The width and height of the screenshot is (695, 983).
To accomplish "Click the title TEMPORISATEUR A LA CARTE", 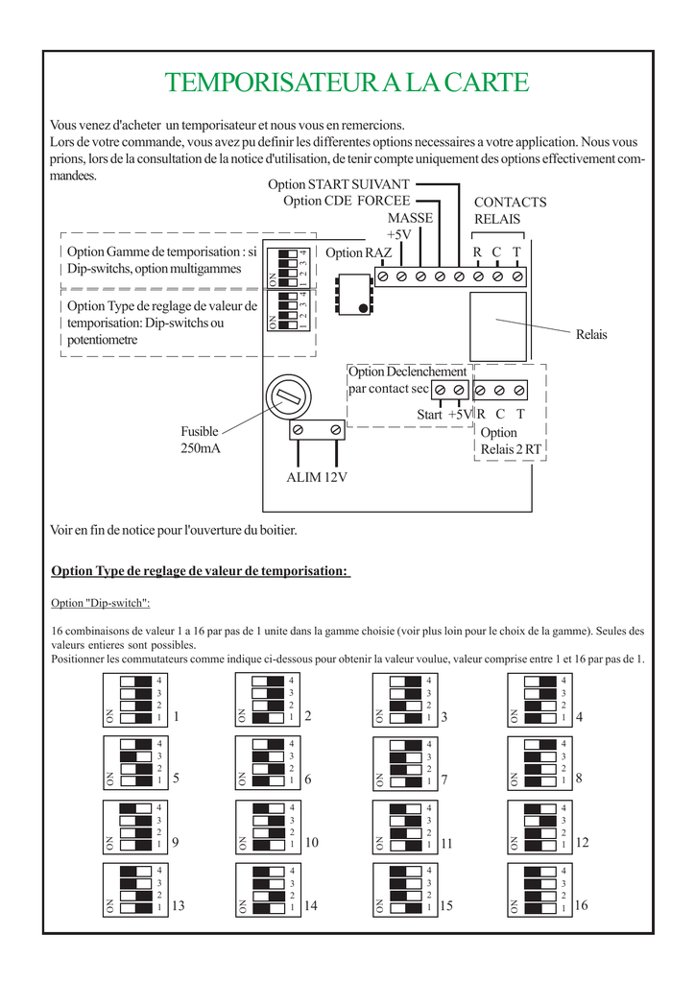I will pos(347,83).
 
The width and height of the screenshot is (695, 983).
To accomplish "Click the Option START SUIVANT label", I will pos(339,184).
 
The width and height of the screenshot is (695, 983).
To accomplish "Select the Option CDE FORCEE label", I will pos(347,201).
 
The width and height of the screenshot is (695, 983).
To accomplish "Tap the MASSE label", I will pos(410,218).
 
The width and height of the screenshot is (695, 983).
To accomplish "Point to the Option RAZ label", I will pos(359,253).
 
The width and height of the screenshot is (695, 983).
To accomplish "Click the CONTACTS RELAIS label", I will pos(510,211).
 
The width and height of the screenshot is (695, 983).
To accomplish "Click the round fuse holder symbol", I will pos(287,395).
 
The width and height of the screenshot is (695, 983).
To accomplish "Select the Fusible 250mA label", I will pos(200,440).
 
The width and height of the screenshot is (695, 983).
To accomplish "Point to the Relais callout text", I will pos(591,335).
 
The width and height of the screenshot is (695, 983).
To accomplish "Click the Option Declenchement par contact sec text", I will pos(407,380).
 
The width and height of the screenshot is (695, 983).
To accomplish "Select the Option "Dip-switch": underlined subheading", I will pos(100,603).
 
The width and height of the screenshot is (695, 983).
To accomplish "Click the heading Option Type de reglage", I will pos(200,571).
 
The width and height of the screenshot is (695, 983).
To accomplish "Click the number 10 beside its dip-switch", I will pos(311,842).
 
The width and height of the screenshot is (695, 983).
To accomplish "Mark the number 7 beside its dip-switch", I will pos(446,780).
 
